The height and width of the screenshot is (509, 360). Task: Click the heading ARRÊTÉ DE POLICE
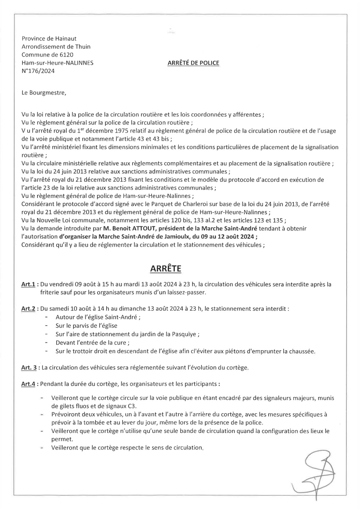point(193,63)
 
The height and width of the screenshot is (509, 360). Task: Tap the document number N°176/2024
point(38,71)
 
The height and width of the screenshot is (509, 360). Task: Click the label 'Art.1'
point(28,284)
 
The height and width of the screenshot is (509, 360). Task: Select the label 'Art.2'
point(28,309)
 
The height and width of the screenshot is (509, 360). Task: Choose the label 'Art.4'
point(28,384)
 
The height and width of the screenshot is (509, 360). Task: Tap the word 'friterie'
point(49,293)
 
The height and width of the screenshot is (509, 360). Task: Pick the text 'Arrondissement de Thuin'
point(56,47)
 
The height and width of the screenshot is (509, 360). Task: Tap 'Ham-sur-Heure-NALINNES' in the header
point(58,63)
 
